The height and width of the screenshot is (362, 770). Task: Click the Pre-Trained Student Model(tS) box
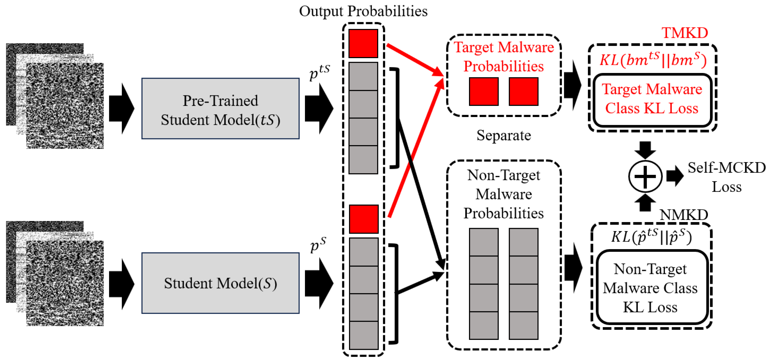[x=220, y=108]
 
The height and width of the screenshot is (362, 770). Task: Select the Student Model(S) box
[x=220, y=283]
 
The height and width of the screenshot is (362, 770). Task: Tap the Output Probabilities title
[x=363, y=11]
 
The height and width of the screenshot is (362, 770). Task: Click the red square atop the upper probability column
[x=363, y=43]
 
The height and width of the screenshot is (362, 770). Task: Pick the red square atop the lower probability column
[x=363, y=219]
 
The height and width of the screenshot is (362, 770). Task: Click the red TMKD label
[x=685, y=33]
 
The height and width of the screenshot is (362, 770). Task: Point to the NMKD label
[x=684, y=214]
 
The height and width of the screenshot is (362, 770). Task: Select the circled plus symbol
[x=645, y=176]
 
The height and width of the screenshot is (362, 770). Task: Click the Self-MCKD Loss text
[x=727, y=177]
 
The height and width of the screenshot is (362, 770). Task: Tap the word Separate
[x=504, y=135]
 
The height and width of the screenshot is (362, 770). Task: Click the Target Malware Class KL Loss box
[x=652, y=100]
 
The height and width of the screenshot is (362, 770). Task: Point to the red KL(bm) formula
[x=653, y=59]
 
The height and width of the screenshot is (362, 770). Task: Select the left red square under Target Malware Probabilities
[x=483, y=91]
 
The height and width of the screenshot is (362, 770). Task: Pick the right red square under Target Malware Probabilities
[x=524, y=91]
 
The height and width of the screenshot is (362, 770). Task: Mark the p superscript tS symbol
[x=320, y=72]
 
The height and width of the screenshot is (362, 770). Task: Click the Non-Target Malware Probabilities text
[x=504, y=194]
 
